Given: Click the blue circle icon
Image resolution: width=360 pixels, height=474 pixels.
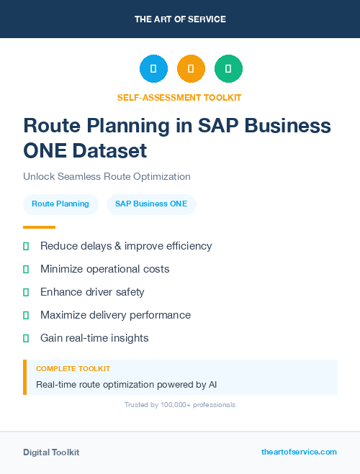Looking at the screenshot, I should click(153, 69).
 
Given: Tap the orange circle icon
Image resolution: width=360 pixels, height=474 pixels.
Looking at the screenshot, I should click(191, 69).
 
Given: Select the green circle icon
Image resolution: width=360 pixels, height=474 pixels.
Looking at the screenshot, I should click(228, 69).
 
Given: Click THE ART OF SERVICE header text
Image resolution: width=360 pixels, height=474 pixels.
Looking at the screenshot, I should click(180, 19).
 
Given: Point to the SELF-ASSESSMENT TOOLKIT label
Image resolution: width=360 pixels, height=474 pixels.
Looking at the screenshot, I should click(180, 97).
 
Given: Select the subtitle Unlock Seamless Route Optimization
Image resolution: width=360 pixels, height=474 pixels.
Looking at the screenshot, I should click(107, 176).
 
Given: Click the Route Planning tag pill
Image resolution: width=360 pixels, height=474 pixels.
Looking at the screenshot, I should click(60, 204).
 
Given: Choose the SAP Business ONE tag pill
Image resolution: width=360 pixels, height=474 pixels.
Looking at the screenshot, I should click(151, 204).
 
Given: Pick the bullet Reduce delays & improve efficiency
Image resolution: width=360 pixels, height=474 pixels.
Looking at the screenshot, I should click(126, 246).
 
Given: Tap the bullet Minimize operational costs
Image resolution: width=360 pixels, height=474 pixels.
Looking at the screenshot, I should click(104, 269).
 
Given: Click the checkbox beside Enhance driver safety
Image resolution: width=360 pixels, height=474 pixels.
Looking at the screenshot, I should click(26, 292).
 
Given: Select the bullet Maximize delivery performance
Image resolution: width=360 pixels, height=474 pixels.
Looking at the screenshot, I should click(115, 315).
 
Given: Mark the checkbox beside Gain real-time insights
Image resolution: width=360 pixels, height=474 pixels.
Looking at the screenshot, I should click(26, 338).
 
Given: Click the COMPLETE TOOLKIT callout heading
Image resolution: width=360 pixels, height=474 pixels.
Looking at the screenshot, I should click(73, 368).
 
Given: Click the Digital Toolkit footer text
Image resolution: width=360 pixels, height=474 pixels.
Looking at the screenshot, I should click(51, 452).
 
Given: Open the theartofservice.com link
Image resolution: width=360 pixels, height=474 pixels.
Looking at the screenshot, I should click(299, 452).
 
